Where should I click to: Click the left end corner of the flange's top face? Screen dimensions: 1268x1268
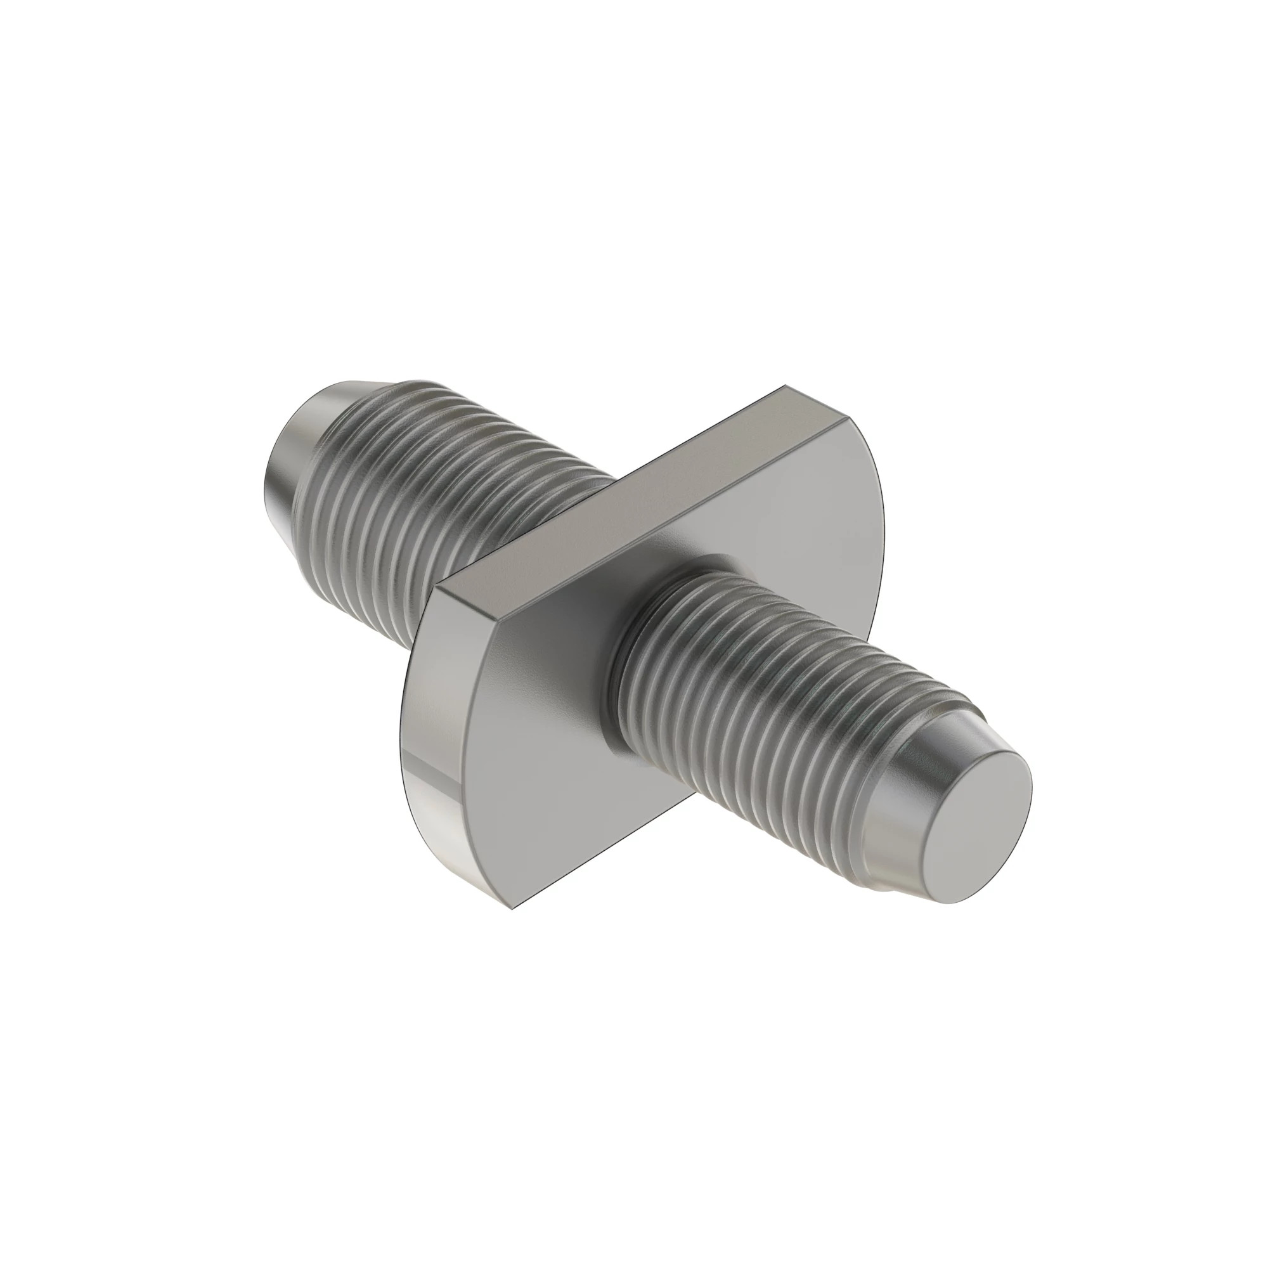pyautogui.click(x=439, y=588)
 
